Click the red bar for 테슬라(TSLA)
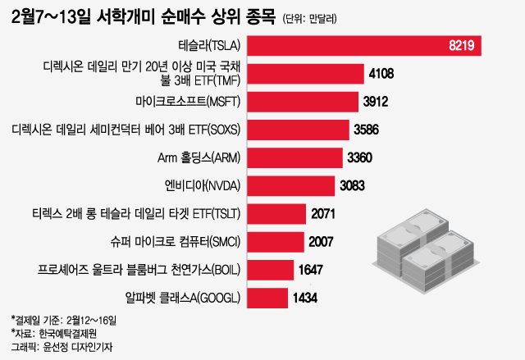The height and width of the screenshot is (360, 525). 361,46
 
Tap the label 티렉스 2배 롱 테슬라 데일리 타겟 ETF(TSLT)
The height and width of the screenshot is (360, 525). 130,213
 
